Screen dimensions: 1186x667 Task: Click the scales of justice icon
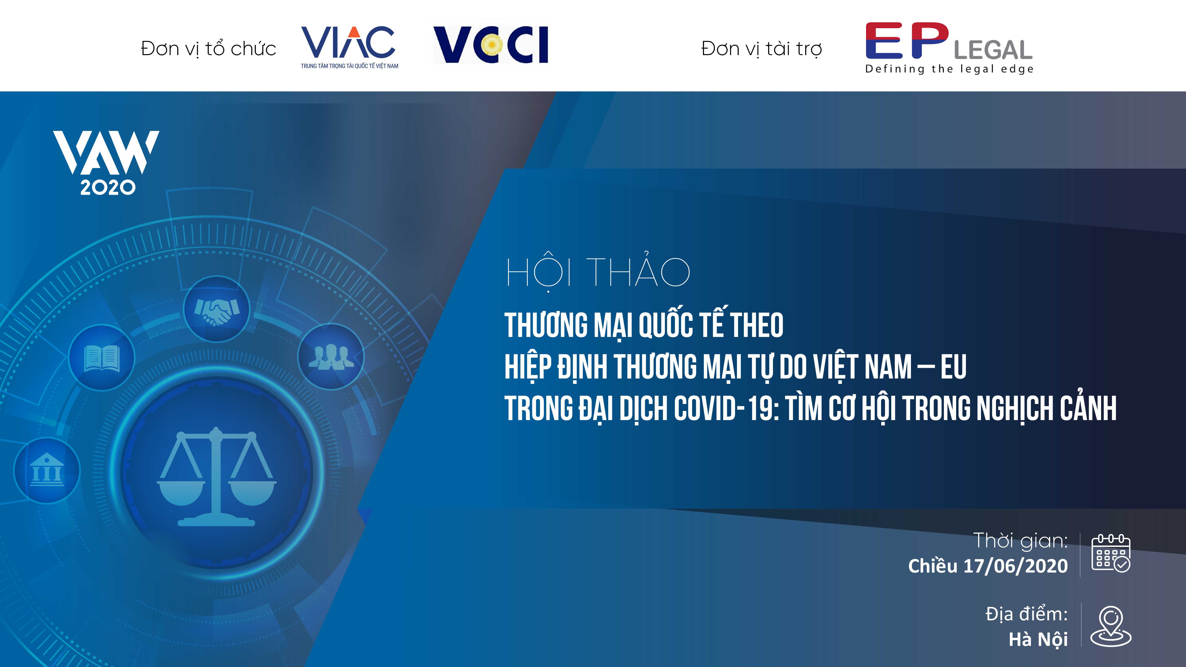(x=216, y=477)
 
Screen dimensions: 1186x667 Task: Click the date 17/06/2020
(x=1015, y=566)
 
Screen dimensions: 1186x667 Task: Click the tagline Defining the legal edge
(x=949, y=69)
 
